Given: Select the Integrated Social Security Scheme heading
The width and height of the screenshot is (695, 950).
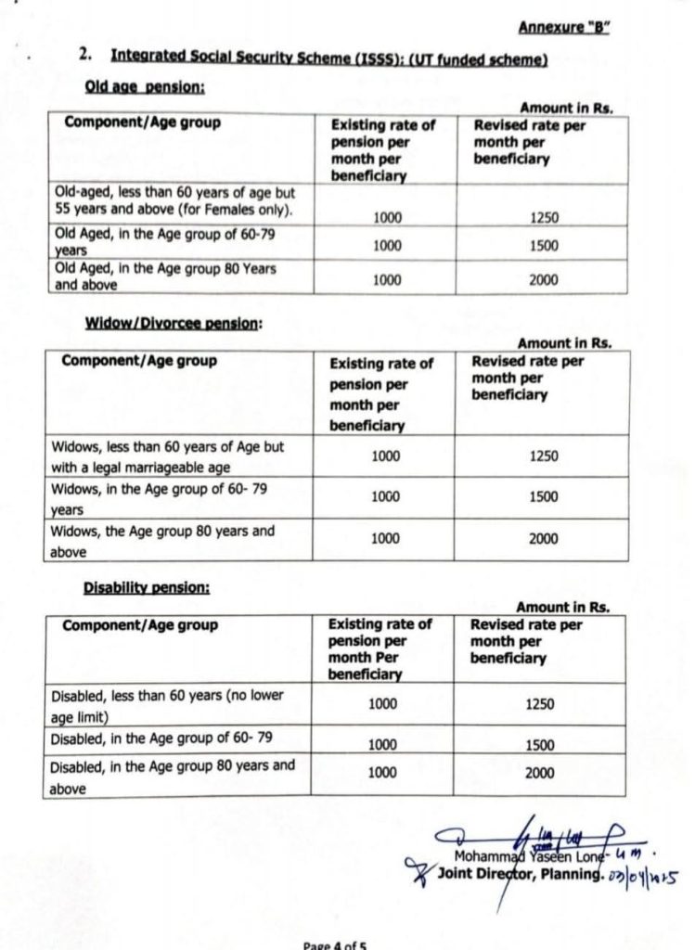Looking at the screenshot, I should pos(328,58).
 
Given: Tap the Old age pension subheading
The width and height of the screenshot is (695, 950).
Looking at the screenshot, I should pos(145,88).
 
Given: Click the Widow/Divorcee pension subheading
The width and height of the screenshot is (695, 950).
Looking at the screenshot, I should pos(174,323).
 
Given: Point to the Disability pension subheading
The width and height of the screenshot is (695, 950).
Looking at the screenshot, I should pos(146,587).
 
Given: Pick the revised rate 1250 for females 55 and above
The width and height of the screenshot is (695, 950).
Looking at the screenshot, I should pos(544,218).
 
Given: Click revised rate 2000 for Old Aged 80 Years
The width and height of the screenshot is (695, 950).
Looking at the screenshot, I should pos(544,278).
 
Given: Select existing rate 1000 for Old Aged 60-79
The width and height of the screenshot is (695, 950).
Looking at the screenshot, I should pos(386,246).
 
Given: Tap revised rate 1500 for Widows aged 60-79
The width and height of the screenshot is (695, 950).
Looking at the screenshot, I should pos(543,496).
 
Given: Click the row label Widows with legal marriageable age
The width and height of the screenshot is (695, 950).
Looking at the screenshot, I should pos(167,456).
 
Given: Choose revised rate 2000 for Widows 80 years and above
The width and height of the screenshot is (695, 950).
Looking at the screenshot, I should pos(543,539).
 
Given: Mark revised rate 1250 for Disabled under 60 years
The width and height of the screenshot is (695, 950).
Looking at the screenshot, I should pos(539,704).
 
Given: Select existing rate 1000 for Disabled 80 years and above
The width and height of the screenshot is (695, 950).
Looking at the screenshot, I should pos(382,772).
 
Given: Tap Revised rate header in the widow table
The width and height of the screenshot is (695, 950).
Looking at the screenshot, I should pos(527,378).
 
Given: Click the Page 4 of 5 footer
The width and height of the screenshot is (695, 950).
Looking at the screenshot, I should pos(335,944).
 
